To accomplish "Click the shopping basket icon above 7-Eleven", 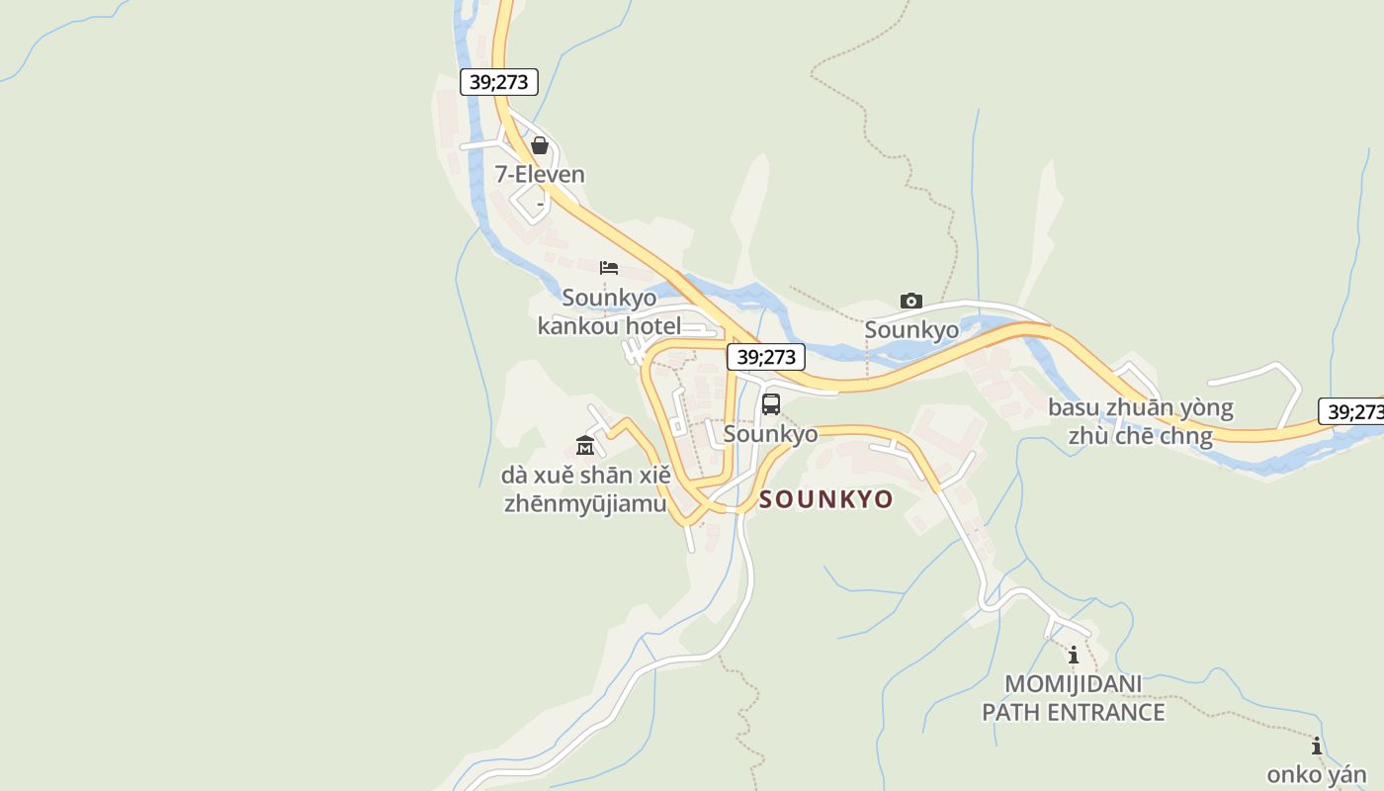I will coord(540,146).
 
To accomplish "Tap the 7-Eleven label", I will coord(540,175).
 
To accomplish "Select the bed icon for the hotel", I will coord(609,267).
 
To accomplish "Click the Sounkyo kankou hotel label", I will coord(609,311).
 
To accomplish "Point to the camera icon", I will coord(911,301).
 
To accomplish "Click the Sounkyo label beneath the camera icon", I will coord(911,330).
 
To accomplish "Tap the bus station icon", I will coord(771,403).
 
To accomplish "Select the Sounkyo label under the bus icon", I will coord(771,434).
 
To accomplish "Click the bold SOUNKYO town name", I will coord(826,499).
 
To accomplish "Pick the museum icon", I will coord(585,445).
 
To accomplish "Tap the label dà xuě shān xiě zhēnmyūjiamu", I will coord(586,489).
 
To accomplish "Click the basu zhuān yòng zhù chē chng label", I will coord(1141,422).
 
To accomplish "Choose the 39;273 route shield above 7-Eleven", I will coord(499,82).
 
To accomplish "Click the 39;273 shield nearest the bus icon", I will coord(766,357).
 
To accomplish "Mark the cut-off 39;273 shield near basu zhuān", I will coord(1352,412).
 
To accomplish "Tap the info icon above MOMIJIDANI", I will coord(1074,655).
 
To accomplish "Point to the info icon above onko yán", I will coord(1317,746).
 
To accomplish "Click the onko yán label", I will coord(1317,775).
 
